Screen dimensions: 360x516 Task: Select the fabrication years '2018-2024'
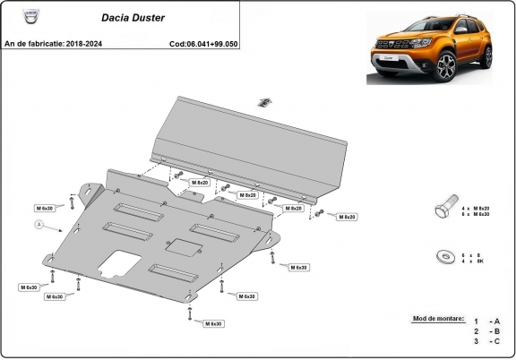(x=83, y=43)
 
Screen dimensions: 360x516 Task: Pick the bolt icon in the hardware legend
(x=443, y=210)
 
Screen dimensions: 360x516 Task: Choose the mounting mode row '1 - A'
(x=487, y=321)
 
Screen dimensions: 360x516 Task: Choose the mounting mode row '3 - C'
(x=487, y=341)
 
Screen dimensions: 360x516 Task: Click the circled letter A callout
(x=39, y=223)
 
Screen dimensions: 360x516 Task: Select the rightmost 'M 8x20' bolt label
(x=346, y=217)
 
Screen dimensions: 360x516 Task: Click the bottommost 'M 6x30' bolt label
(x=212, y=323)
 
